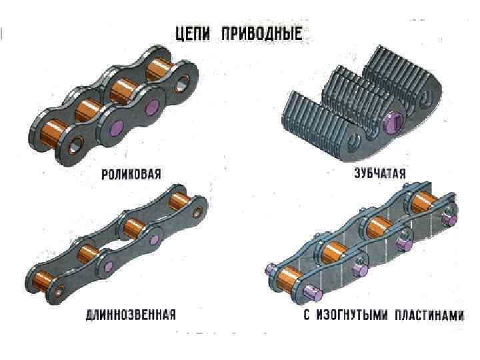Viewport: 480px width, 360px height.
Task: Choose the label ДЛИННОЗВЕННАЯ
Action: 131,315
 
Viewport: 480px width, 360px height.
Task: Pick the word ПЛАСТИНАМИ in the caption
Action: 427,315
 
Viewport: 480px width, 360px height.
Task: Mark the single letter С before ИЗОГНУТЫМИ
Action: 306,315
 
